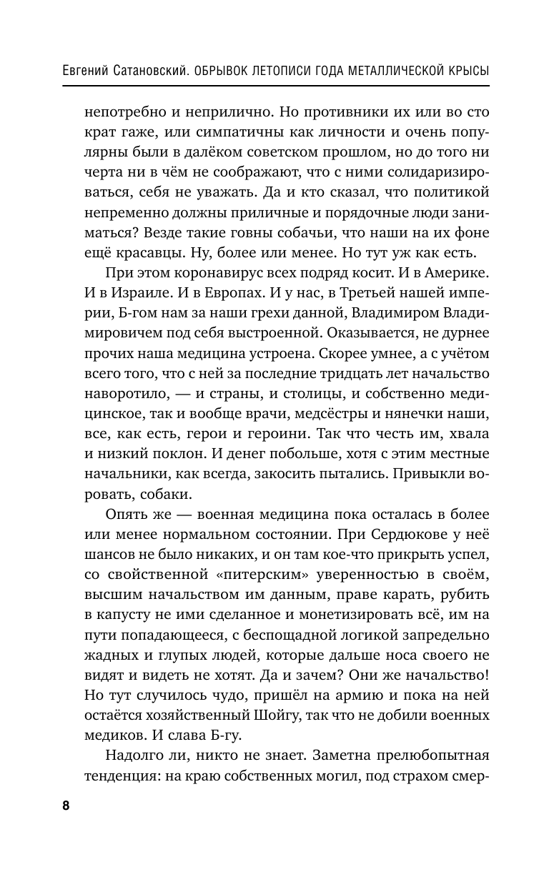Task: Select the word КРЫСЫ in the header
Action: [x=465, y=72]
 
